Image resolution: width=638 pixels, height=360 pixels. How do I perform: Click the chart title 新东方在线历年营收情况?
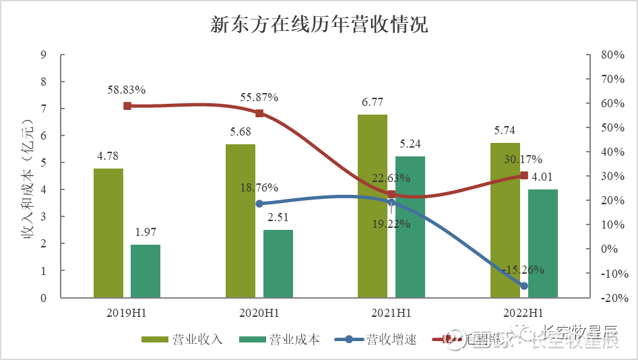click(319, 25)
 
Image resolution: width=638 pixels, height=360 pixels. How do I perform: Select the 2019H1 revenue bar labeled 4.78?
click(108, 233)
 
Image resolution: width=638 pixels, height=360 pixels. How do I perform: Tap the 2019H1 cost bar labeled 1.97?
click(146, 271)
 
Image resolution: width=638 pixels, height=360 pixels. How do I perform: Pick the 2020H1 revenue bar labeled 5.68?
click(241, 220)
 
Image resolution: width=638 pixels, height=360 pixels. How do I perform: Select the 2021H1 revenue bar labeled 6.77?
click(373, 206)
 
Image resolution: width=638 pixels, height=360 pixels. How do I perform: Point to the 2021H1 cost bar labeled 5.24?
click(410, 227)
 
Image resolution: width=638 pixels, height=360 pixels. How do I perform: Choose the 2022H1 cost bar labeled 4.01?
click(542, 243)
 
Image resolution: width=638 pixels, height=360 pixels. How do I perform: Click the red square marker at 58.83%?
click(127, 106)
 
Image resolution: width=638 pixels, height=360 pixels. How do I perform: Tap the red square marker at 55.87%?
click(259, 113)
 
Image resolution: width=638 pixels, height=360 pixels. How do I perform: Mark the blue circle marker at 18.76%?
click(259, 204)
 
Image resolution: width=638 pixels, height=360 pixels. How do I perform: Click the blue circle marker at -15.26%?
click(523, 286)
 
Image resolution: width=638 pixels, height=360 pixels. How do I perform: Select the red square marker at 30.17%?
click(523, 175)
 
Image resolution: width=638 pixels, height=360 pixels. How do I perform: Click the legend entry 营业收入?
click(182, 339)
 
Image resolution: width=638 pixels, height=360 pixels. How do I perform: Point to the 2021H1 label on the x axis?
click(391, 313)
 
